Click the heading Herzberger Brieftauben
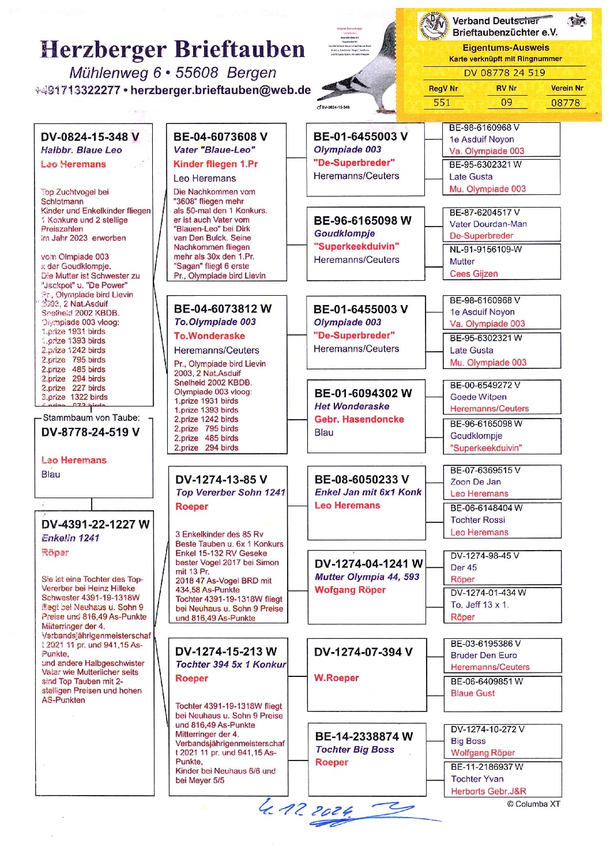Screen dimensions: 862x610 click(x=172, y=50)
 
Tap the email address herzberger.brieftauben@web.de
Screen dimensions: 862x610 click(x=221, y=91)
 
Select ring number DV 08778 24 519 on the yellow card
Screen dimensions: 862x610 click(x=504, y=73)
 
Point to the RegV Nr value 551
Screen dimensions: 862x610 click(x=442, y=103)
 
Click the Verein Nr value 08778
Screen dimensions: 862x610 click(x=565, y=103)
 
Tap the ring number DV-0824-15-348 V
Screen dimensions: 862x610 click(x=90, y=137)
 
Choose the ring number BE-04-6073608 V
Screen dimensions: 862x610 click(x=220, y=137)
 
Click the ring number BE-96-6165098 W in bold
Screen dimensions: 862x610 click(x=363, y=220)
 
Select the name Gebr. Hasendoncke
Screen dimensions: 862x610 click(x=359, y=419)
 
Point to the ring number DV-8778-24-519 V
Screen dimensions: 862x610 click(x=91, y=432)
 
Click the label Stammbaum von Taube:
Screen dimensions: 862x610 click(x=91, y=417)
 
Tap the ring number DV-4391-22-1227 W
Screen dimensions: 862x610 click(x=95, y=524)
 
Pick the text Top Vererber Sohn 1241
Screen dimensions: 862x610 click(x=231, y=492)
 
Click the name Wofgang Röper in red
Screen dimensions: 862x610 click(x=350, y=590)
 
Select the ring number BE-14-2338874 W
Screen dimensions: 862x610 click(x=364, y=736)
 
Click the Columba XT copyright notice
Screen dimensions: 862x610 click(x=533, y=804)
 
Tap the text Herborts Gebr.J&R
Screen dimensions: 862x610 click(x=488, y=791)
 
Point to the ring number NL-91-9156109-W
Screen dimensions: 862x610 click(x=485, y=249)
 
